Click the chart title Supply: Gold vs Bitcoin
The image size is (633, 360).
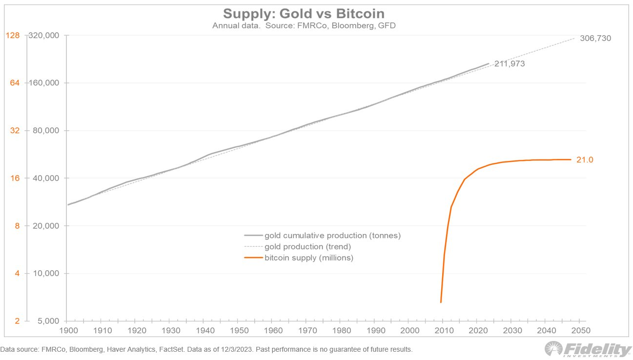pyautogui.click(x=304, y=13)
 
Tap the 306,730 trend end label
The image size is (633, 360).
pyautogui.click(x=595, y=39)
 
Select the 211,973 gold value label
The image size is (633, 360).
pyautogui.click(x=510, y=63)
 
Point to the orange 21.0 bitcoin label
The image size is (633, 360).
pyautogui.click(x=585, y=160)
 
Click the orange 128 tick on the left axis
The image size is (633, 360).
pyautogui.click(x=12, y=35)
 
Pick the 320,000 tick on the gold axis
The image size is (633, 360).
pyautogui.click(x=44, y=36)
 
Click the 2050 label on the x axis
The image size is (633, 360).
pyautogui.click(x=579, y=331)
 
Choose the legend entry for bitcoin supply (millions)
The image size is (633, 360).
pyautogui.click(x=308, y=258)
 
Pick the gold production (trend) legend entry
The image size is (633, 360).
pyautogui.click(x=307, y=247)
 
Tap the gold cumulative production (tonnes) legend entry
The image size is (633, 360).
pyautogui.click(x=332, y=236)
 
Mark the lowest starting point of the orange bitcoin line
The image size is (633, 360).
pyautogui.click(x=441, y=302)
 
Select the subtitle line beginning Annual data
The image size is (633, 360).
pyautogui.click(x=304, y=25)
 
